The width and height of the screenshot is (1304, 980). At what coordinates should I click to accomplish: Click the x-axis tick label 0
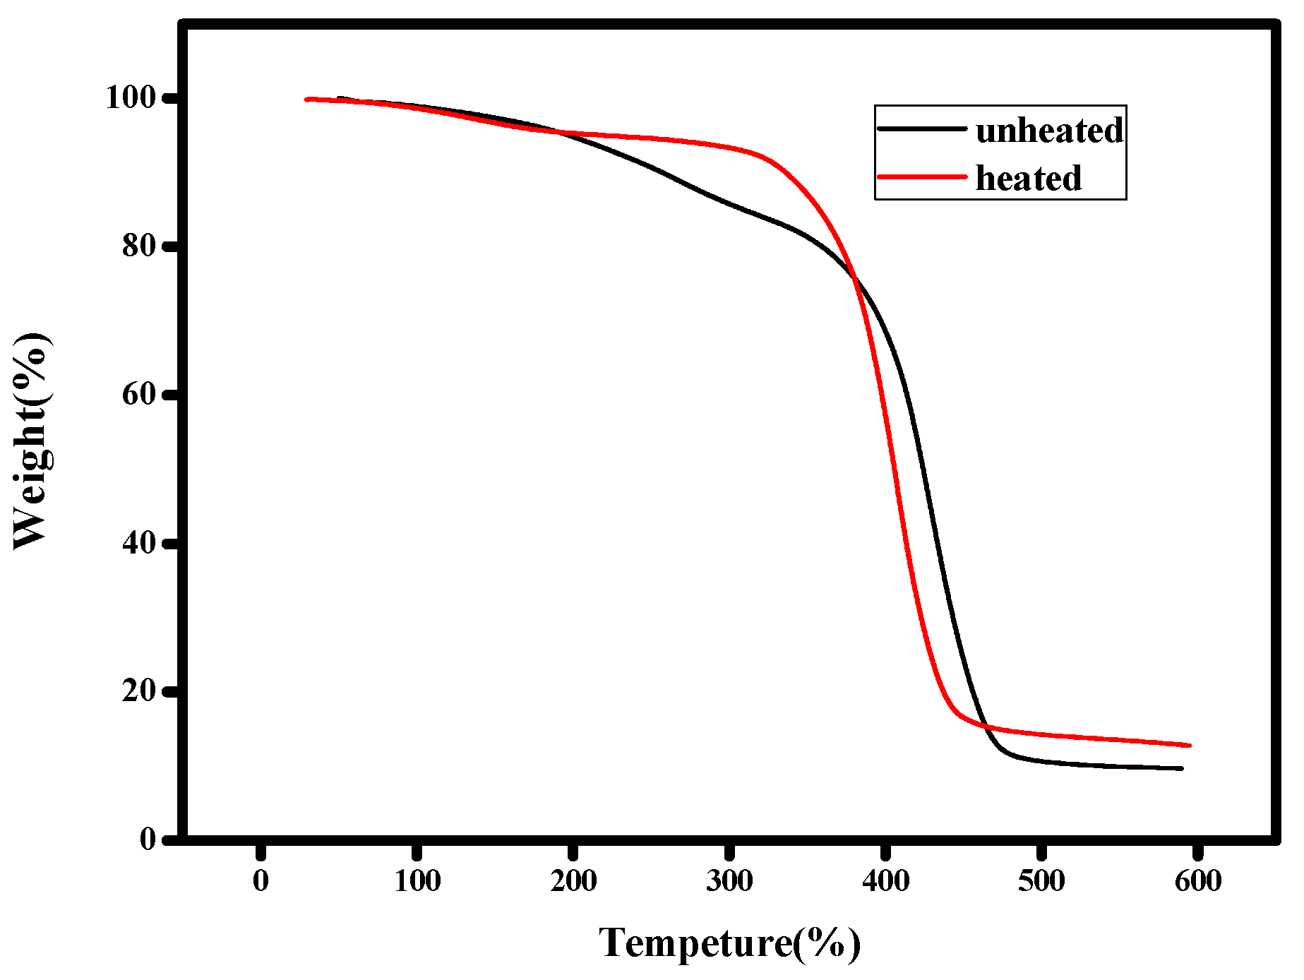pyautogui.click(x=261, y=881)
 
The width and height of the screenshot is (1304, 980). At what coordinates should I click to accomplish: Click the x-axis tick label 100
pyautogui.click(x=417, y=881)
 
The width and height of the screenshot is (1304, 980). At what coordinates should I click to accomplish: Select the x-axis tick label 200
pyautogui.click(x=573, y=881)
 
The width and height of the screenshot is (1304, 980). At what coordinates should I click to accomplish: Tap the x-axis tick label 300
pyautogui.click(x=729, y=881)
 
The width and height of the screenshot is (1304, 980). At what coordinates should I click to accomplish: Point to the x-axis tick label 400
pyautogui.click(x=885, y=881)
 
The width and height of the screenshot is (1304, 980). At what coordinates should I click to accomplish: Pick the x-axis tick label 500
pyautogui.click(x=1041, y=881)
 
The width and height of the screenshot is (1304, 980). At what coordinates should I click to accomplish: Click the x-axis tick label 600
pyautogui.click(x=1198, y=881)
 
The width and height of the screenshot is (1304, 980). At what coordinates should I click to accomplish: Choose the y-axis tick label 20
pyautogui.click(x=138, y=691)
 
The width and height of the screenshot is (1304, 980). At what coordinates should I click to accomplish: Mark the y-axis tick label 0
pyautogui.click(x=148, y=839)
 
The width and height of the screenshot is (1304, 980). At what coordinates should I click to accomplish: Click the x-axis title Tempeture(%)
pyautogui.click(x=730, y=943)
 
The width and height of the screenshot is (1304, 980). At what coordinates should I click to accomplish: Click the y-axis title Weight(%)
pyautogui.click(x=31, y=441)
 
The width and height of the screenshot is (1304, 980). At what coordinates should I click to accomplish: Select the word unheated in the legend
pyautogui.click(x=1049, y=131)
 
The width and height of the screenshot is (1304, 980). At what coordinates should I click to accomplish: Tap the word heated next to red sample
pyautogui.click(x=1028, y=178)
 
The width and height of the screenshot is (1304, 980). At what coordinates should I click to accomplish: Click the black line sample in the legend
pyautogui.click(x=921, y=129)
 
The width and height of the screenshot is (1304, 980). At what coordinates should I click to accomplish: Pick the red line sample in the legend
pyautogui.click(x=921, y=176)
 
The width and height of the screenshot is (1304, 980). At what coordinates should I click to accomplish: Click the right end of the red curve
pyautogui.click(x=1190, y=745)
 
